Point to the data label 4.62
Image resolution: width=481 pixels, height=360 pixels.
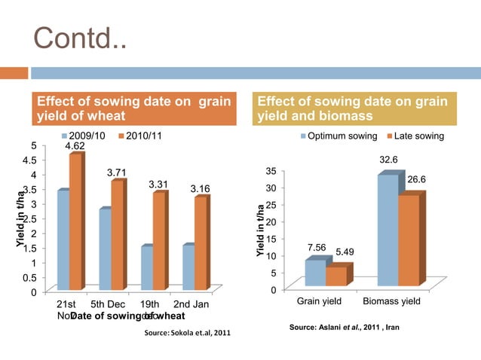pos(75,145)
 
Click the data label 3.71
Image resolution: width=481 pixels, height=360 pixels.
pos(117,172)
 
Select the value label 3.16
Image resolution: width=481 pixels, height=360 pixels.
pos(200,188)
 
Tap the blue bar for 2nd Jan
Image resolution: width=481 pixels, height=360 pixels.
pos(188,267)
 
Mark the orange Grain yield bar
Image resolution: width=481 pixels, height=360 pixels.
pos(336,276)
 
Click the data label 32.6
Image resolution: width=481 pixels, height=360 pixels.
pos(388,160)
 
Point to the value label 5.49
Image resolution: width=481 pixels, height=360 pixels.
pos(345,252)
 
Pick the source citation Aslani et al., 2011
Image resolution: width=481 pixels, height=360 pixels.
pos(344,328)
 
